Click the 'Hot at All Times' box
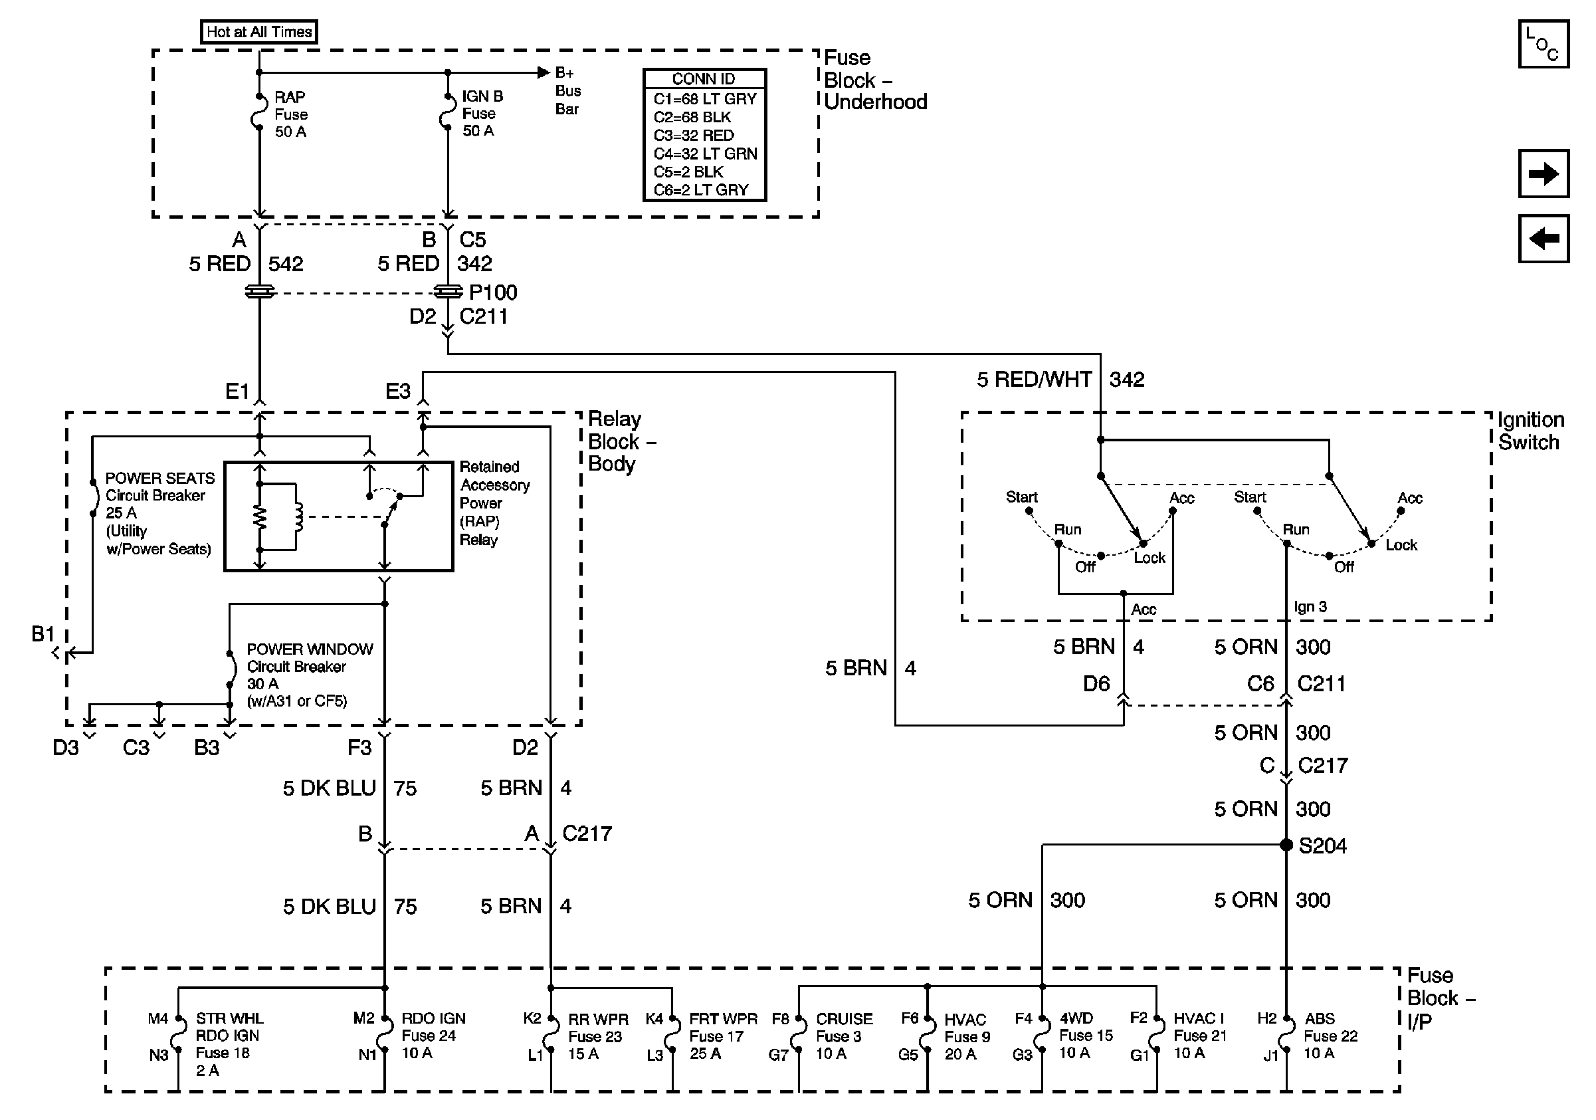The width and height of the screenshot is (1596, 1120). click(x=258, y=32)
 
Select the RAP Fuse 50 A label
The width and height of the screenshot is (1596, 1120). click(x=290, y=114)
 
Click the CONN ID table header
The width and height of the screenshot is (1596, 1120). click(x=704, y=78)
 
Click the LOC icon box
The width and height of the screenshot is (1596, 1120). click(x=1542, y=44)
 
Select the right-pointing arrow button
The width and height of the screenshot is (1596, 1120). click(x=1542, y=173)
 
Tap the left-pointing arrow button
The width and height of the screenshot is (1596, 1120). click(x=1542, y=239)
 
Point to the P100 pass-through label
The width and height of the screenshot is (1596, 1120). click(x=493, y=292)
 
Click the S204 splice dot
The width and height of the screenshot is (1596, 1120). click(x=1286, y=845)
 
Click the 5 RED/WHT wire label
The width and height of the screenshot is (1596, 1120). click(x=1034, y=380)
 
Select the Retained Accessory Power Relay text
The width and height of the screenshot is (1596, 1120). click(x=494, y=503)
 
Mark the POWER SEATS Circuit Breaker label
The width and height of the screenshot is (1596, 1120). click(x=159, y=513)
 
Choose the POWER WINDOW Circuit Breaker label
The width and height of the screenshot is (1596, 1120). click(x=310, y=675)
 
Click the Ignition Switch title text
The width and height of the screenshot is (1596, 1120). click(x=1530, y=431)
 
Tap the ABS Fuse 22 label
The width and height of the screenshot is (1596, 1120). click(x=1330, y=1036)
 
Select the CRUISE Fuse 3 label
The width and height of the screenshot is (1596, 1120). click(x=843, y=1036)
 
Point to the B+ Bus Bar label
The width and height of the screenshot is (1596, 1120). click(x=567, y=91)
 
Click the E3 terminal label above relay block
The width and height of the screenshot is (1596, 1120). click(x=397, y=392)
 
